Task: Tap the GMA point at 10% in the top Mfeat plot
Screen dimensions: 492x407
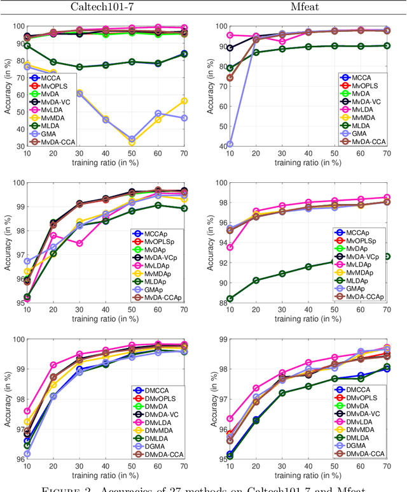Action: click(230, 144)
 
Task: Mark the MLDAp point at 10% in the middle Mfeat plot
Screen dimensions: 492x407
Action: click(230, 298)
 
